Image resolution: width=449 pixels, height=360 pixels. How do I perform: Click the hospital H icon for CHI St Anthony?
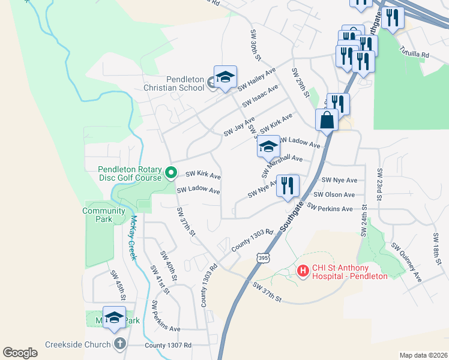[303, 272]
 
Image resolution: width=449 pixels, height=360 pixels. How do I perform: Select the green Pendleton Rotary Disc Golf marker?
[170, 174]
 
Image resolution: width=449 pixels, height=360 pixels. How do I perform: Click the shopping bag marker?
[326, 119]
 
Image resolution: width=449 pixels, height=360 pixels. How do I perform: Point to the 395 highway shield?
[262, 257]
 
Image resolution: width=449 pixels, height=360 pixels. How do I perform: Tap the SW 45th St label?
[117, 285]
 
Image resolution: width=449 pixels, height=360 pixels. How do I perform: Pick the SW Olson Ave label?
[334, 194]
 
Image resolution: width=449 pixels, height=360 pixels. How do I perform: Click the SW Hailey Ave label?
[256, 79]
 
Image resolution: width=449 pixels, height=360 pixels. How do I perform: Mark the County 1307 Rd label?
[168, 346]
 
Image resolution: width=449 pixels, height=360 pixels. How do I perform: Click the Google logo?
[20, 353]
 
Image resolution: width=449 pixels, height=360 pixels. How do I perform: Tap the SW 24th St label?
[364, 221]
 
